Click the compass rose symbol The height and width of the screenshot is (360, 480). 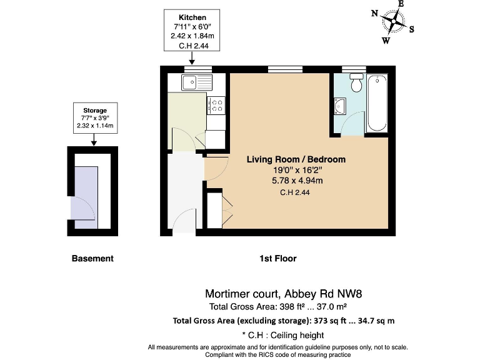393,22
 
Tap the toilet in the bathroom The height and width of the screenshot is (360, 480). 357,83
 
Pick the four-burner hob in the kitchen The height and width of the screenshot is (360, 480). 217,107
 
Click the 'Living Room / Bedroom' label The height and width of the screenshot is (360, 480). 296,159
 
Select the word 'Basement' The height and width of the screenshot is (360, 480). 92,258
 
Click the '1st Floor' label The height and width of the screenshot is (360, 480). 278,258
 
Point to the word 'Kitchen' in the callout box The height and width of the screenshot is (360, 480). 192,17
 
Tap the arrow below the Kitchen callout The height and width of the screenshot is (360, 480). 192,59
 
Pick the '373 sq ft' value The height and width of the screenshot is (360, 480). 331,321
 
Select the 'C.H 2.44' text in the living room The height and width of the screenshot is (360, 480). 295,193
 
